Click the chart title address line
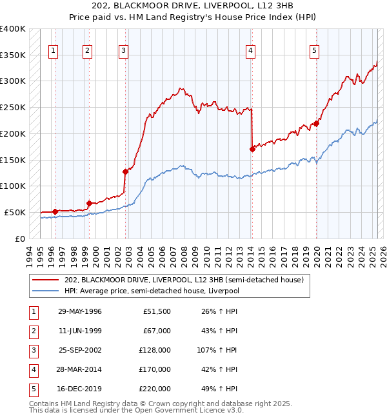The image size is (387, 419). tap(193, 7)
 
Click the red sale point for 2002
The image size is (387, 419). tap(126, 171)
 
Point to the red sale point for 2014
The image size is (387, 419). tap(252, 149)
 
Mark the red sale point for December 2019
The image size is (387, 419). tap(316, 123)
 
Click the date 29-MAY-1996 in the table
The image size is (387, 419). tap(80, 311)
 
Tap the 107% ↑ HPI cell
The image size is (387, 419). tap(219, 350)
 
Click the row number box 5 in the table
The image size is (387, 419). tap(32, 389)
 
